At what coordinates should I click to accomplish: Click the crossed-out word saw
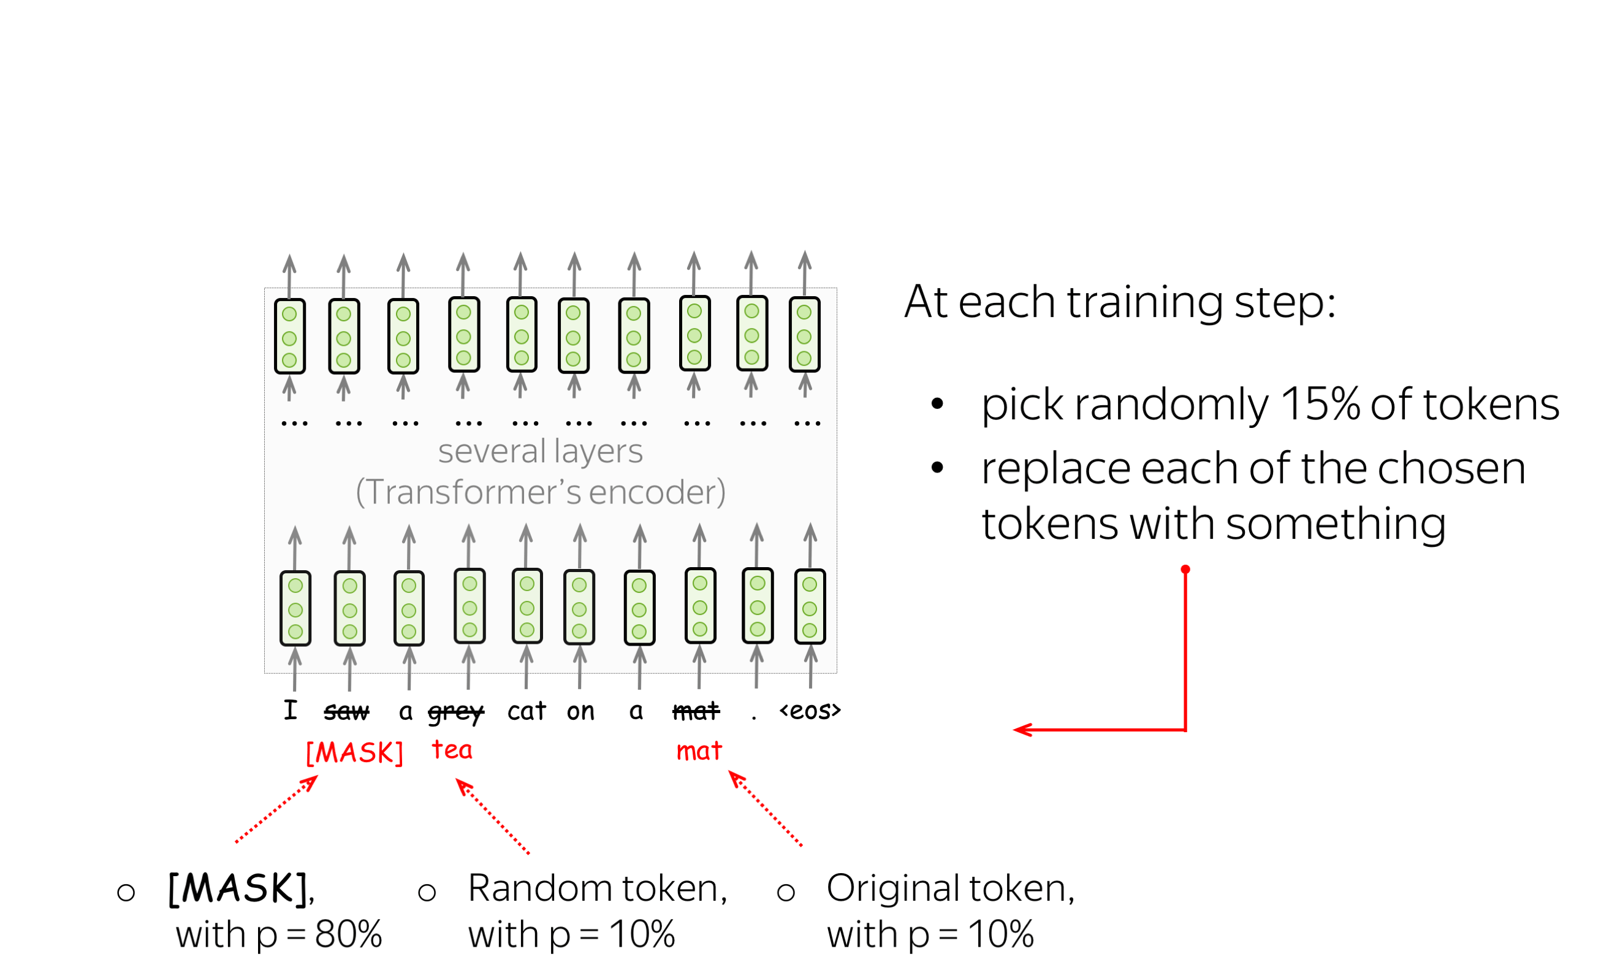pos(347,712)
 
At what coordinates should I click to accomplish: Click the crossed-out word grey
pos(456,713)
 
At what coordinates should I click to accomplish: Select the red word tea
pos(452,750)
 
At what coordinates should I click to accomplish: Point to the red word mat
pos(699,751)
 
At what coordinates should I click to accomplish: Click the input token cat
pos(527,712)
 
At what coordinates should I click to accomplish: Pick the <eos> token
pos(810,711)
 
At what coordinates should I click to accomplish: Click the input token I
pos(291,710)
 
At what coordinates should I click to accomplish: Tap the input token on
pos(580,712)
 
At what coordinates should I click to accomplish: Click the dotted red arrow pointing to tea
pos(493,817)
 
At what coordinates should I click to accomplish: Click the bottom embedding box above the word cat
pos(527,607)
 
